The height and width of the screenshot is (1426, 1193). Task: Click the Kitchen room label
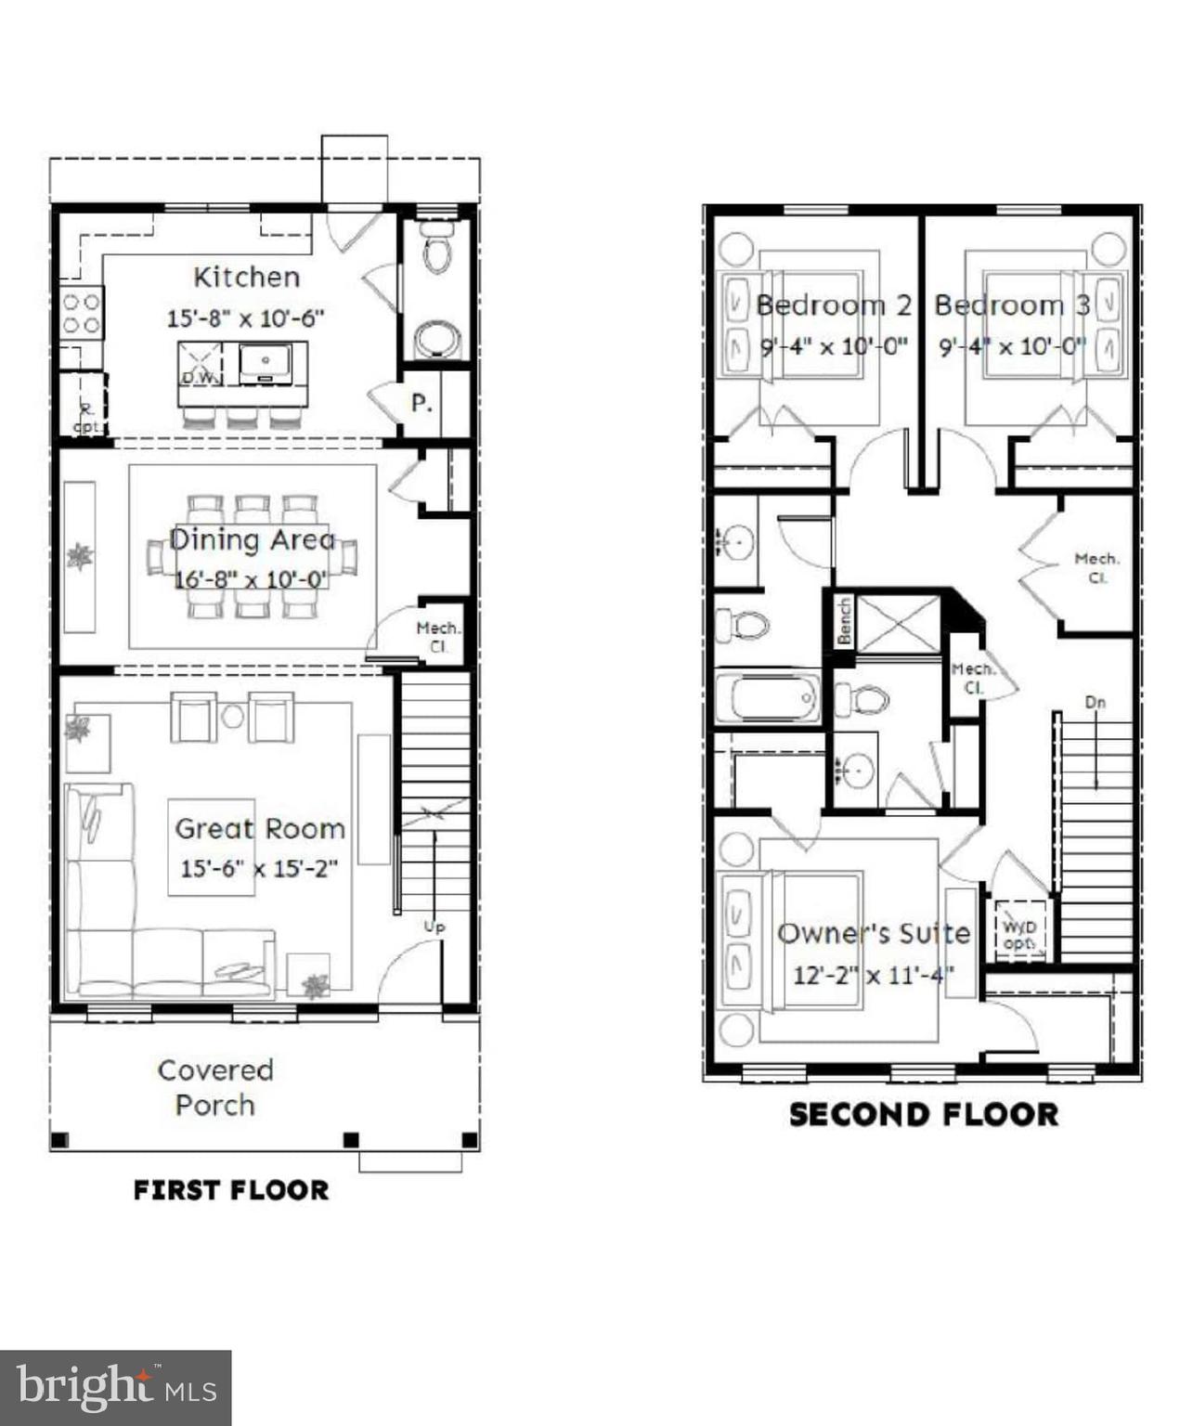click(x=246, y=277)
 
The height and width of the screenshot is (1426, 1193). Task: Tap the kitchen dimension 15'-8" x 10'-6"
click(x=245, y=318)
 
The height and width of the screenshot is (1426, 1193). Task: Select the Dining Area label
click(x=252, y=539)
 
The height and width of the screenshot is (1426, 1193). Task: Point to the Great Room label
click(x=259, y=828)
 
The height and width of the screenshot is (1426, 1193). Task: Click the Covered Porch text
click(x=215, y=1087)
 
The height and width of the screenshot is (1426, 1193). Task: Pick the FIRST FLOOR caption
click(x=231, y=1190)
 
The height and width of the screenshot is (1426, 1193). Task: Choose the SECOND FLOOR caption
click(x=924, y=1114)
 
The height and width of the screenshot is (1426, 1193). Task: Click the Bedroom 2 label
click(x=833, y=305)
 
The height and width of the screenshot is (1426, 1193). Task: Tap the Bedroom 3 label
click(x=1011, y=305)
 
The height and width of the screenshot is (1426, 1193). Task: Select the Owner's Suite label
click(x=873, y=933)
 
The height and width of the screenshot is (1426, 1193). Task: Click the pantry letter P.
click(x=421, y=404)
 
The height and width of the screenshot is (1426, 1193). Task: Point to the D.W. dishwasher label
click(x=199, y=378)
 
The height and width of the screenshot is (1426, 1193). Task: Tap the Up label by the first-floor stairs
click(x=434, y=926)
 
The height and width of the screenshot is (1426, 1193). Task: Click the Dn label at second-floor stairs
click(x=1096, y=703)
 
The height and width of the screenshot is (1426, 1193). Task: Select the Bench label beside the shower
click(x=844, y=621)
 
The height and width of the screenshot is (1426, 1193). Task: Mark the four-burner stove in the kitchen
click(x=82, y=312)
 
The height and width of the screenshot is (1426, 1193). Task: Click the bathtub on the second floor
click(x=768, y=697)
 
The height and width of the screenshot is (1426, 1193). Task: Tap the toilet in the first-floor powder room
click(x=437, y=250)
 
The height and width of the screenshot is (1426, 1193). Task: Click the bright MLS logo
click(x=115, y=1387)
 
